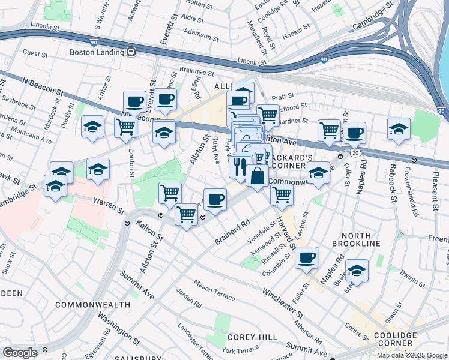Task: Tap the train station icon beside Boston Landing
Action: tap(131, 52)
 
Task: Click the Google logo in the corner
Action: tap(20, 353)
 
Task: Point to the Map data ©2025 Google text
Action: tap(411, 355)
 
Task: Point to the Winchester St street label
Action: tap(283, 301)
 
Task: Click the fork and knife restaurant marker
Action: tap(240, 165)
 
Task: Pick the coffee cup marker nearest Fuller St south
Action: tap(307, 257)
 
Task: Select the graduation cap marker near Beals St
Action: tap(357, 272)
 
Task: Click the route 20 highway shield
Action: tap(355, 154)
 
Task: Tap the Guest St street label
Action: tap(35, 53)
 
